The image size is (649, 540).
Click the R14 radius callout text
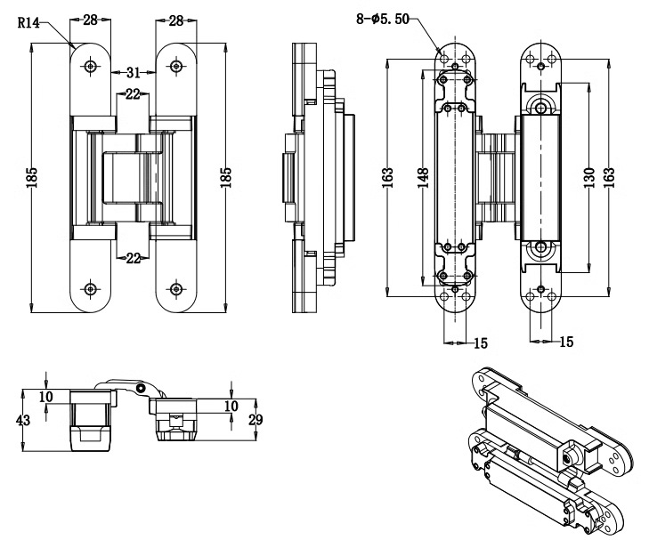click(x=28, y=22)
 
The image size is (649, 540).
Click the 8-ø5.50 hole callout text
click(x=383, y=19)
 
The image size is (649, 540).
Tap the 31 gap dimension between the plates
click(x=133, y=73)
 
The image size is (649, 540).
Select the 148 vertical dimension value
click(x=423, y=178)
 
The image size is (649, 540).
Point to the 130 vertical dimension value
click(x=589, y=178)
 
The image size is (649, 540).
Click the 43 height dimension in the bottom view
click(x=23, y=421)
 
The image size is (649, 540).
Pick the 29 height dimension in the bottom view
click(x=256, y=420)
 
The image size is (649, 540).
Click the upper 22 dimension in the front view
click(x=133, y=94)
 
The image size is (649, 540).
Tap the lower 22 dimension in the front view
click(x=133, y=258)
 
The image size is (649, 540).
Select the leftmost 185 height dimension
click(x=32, y=178)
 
